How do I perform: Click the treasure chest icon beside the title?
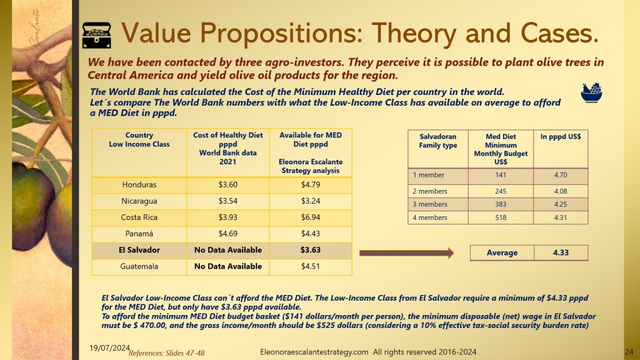click(97, 35)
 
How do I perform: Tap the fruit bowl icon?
click(591, 92)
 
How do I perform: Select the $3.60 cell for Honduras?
click(227, 184)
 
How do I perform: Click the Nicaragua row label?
click(139, 201)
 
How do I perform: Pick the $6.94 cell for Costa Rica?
click(311, 217)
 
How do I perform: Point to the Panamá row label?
click(139, 234)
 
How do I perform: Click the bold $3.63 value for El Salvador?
click(311, 250)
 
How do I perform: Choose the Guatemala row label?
click(139, 266)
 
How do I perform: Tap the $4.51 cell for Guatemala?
click(311, 266)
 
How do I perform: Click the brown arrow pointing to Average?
click(406, 253)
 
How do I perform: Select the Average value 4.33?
click(561, 252)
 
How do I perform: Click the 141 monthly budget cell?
click(501, 175)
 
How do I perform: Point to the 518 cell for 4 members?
click(501, 217)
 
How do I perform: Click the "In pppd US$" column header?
click(561, 136)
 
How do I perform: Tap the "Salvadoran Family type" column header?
click(438, 141)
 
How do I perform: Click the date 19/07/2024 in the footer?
click(109, 347)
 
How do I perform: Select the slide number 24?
click(629, 352)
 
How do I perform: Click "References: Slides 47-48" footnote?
click(166, 353)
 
